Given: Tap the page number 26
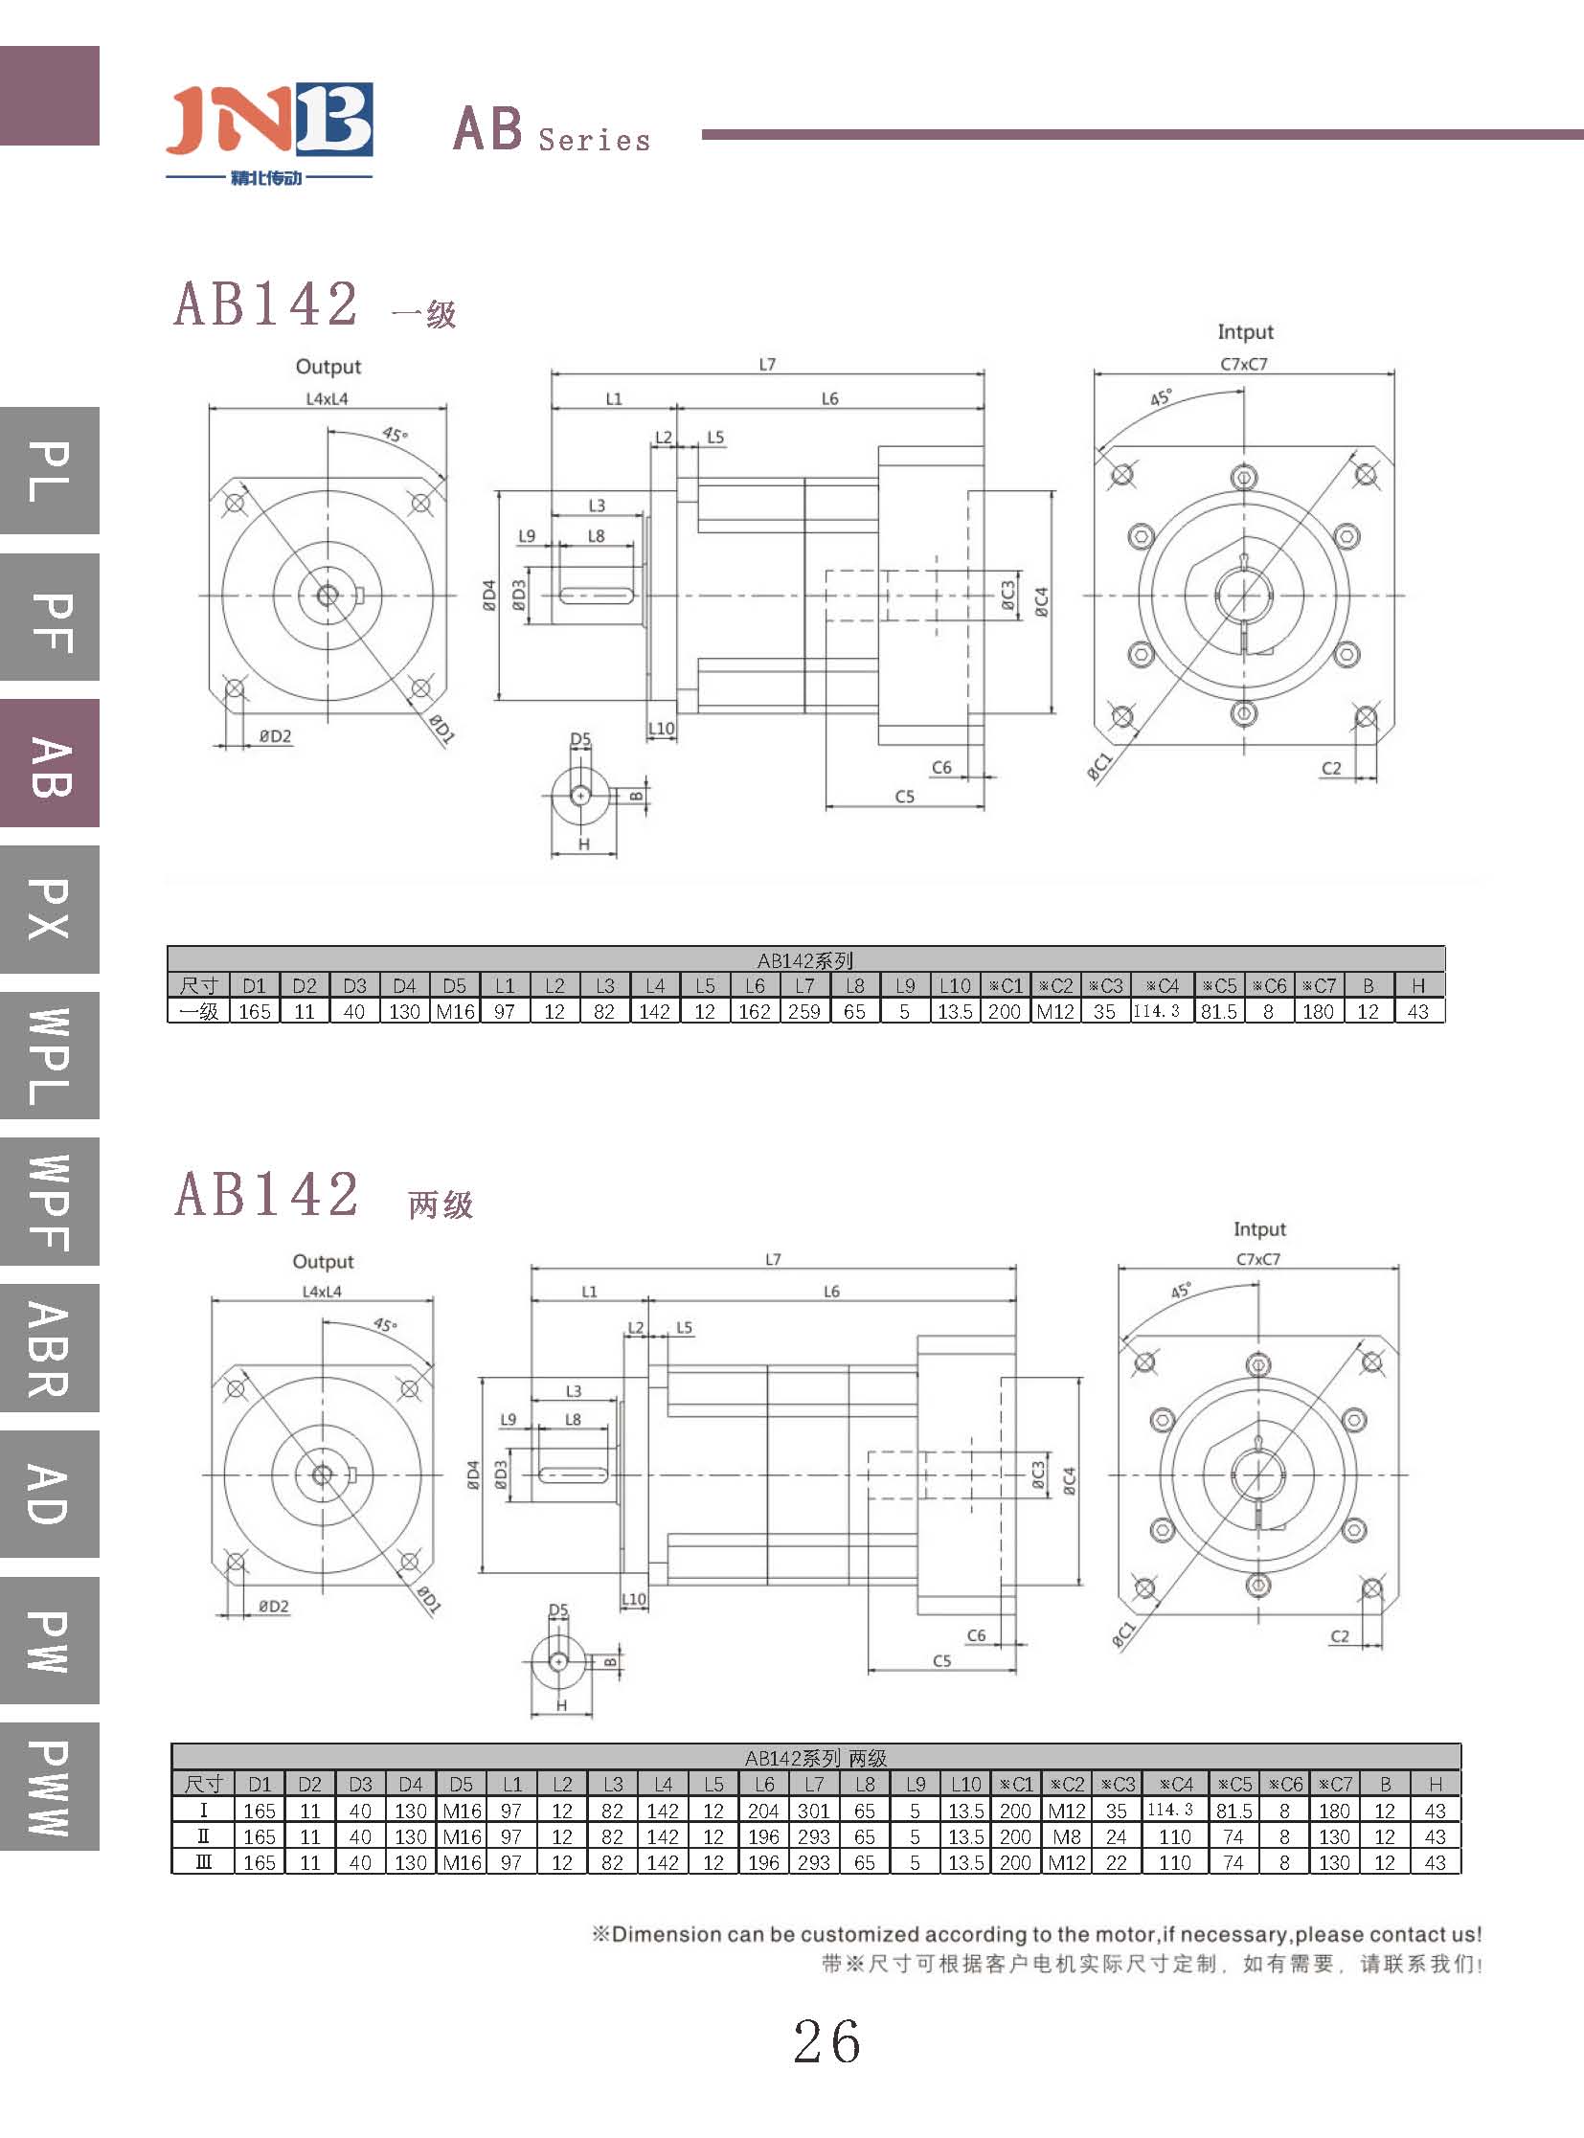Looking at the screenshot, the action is point(826,2041).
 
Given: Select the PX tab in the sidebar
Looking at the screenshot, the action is point(50,909).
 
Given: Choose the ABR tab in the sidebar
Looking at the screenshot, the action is point(50,1348).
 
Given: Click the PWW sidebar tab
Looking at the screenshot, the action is point(50,1787).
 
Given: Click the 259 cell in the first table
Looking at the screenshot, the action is point(804,1010).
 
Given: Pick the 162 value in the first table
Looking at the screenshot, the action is point(755,1010).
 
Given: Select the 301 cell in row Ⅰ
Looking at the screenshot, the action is point(814,1811).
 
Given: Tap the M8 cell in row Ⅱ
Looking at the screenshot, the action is point(1066,1836).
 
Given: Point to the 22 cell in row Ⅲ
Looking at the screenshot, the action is point(1116,1862).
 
